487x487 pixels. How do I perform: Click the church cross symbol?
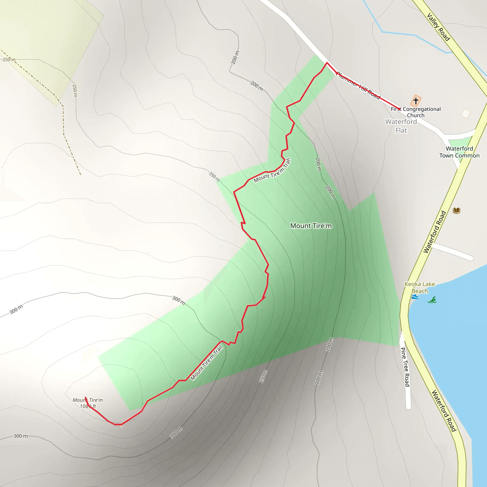416,101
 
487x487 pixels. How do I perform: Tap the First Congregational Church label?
416,112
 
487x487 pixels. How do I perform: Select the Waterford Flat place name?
401,126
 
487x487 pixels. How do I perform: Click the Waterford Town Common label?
459,152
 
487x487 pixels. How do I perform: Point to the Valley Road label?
438,27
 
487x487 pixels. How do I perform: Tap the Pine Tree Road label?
405,367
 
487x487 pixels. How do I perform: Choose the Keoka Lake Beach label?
419,287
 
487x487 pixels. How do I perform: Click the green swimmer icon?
432,300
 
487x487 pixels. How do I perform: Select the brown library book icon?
457,210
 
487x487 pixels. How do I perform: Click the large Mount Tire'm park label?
311,226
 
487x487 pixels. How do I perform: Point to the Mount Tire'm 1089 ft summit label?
88,403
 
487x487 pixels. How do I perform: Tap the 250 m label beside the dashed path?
9,60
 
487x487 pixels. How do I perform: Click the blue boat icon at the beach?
415,297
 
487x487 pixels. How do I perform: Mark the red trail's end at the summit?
85,398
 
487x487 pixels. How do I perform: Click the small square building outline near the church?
466,113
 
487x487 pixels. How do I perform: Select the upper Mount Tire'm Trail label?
272,171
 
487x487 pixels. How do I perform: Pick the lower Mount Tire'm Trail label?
206,363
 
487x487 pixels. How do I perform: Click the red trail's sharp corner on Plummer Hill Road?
327,63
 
